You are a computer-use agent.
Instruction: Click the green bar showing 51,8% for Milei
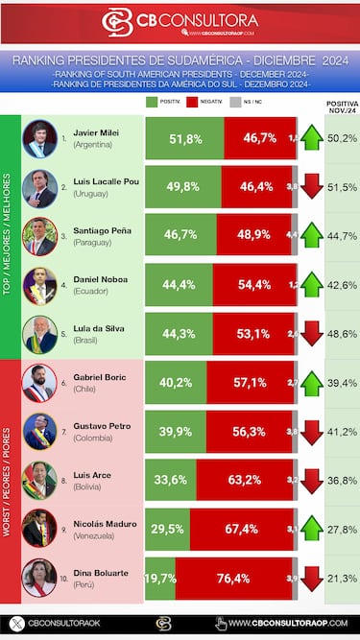click(x=184, y=139)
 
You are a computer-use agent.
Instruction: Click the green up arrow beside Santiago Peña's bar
click(x=311, y=236)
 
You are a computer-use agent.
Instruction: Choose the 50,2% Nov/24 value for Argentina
click(x=342, y=138)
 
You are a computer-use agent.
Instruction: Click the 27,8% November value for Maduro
click(x=342, y=530)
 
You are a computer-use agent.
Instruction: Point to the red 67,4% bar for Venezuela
click(x=240, y=530)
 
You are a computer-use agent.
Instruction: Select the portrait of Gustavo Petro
click(x=39, y=432)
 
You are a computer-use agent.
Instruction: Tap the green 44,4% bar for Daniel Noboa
click(x=179, y=285)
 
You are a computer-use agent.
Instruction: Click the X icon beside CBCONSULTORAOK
click(x=14, y=624)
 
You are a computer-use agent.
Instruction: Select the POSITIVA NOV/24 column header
click(x=342, y=106)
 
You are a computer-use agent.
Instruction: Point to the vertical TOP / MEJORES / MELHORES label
click(x=10, y=237)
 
